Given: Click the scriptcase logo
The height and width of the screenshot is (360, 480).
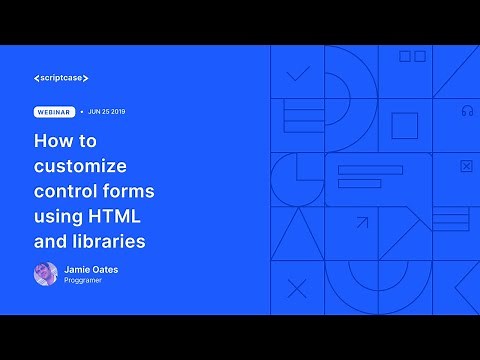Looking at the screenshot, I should [x=67, y=77].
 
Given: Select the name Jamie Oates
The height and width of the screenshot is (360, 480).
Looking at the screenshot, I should [x=93, y=269].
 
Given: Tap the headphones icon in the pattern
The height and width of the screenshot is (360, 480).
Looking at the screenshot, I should [x=466, y=110].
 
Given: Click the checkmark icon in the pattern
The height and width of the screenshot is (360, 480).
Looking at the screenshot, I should [x=297, y=73].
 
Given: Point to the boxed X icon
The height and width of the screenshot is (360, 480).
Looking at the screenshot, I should [x=466, y=166].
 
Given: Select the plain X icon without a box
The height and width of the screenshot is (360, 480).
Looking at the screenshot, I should [x=297, y=289].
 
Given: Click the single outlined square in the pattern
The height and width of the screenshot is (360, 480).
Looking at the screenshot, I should [x=404, y=126].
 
